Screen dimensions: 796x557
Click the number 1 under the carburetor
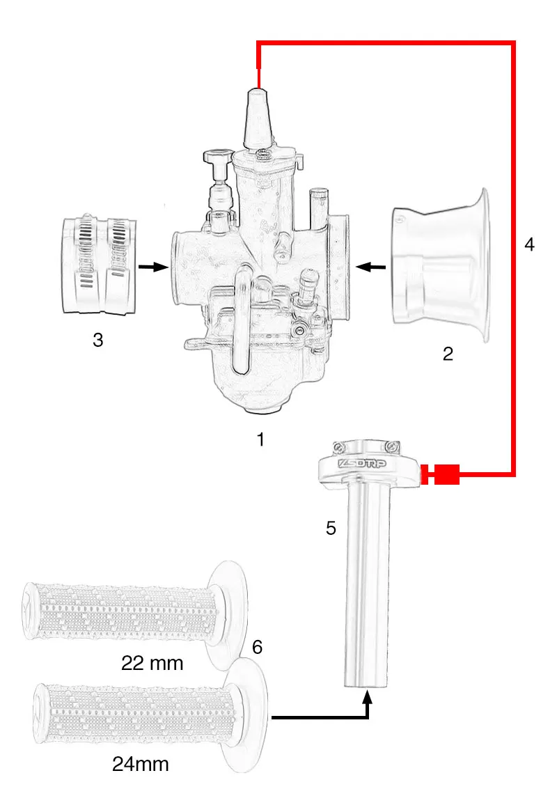[260, 439]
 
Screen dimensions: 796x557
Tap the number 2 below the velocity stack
[448, 354]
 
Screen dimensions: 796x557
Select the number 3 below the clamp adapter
[98, 340]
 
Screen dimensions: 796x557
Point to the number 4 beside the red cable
[529, 245]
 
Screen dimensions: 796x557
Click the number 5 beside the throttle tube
[331, 528]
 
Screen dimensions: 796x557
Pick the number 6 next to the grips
[257, 647]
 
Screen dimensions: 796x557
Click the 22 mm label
[152, 663]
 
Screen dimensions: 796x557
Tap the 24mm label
[141, 764]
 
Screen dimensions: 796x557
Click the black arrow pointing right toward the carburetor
[153, 266]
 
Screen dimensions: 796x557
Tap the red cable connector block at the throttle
[446, 475]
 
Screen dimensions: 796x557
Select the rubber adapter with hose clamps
[98, 265]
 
